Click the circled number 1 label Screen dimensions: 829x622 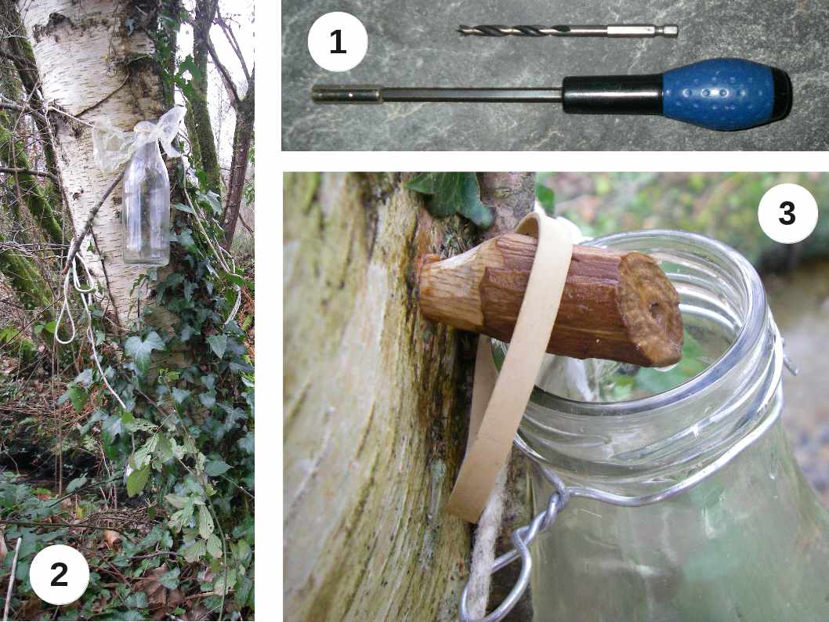pyautogui.click(x=337, y=42)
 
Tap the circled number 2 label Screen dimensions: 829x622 pyautogui.click(x=60, y=575)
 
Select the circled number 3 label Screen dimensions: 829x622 pyautogui.click(x=787, y=213)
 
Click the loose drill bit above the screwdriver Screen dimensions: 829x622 pyautogui.click(x=567, y=31)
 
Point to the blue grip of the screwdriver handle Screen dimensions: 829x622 pyautogui.click(x=724, y=95)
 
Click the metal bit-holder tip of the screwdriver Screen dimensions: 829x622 pyautogui.click(x=346, y=95)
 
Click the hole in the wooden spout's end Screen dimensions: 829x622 pyautogui.click(x=657, y=309)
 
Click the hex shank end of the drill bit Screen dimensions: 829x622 pyautogui.click(x=643, y=31)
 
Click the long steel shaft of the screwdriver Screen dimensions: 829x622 pyautogui.click(x=471, y=95)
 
